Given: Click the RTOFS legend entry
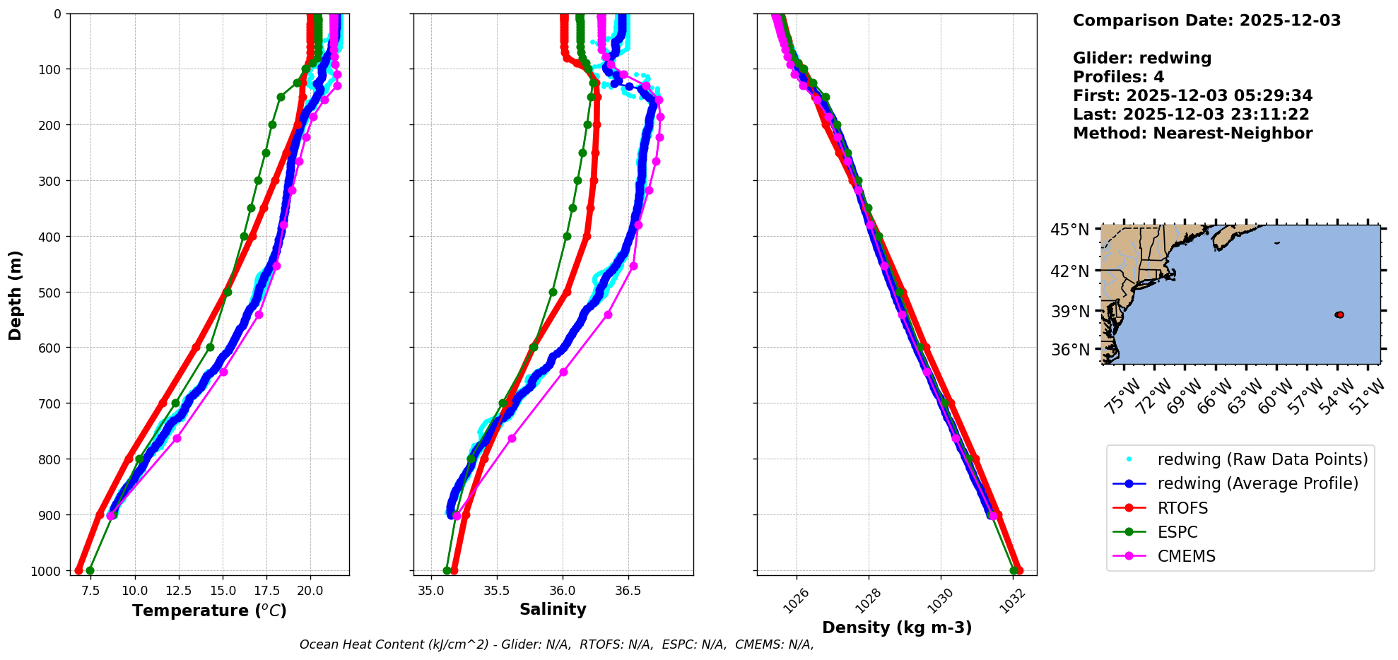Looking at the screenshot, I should coord(1182,508).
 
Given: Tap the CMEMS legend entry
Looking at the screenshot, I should coord(1186,556).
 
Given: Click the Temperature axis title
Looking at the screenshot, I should coord(209,611).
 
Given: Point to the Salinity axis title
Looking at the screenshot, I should coord(553,609).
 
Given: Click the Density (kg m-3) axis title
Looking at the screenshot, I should coord(897,627).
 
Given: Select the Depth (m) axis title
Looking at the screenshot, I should coord(15,295).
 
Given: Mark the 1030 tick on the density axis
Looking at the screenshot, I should coord(941,601).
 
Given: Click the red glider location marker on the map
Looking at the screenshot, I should coord(1339,314).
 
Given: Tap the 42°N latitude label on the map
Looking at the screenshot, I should coord(1069,271).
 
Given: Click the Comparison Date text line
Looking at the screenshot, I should coord(1206,20).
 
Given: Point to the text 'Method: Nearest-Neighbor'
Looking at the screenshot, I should coord(1192,133).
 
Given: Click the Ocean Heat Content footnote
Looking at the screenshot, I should coord(556,644).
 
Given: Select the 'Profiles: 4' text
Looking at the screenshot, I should coord(1118,77).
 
